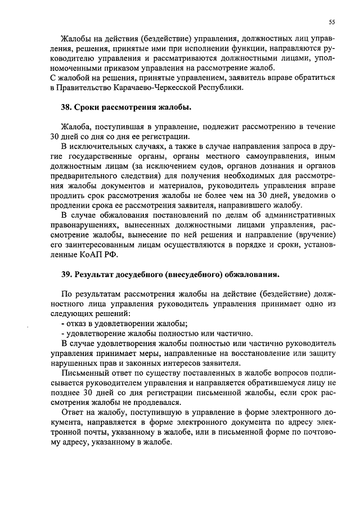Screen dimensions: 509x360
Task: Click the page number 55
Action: (x=332, y=22)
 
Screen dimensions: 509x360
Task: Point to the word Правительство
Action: (x=83, y=88)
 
